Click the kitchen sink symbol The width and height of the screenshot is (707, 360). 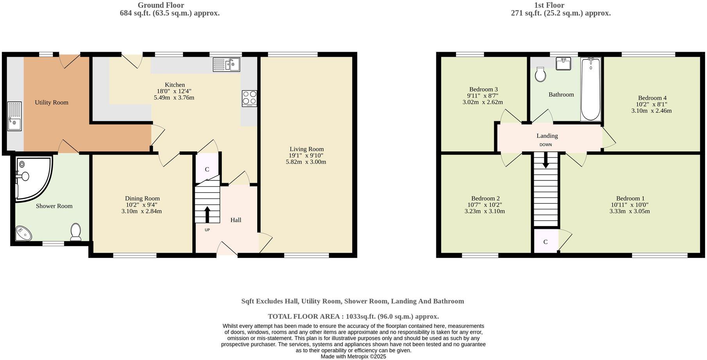pyautogui.click(x=226, y=65)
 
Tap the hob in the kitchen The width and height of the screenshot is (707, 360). pyautogui.click(x=249, y=98)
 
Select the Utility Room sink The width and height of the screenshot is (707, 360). pyautogui.click(x=14, y=117)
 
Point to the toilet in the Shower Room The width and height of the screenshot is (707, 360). pyautogui.click(x=75, y=232)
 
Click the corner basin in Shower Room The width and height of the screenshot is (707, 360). pyautogui.click(x=23, y=234)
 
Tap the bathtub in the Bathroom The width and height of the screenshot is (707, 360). pyautogui.click(x=590, y=89)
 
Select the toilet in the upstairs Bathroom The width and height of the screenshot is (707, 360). pyautogui.click(x=540, y=74)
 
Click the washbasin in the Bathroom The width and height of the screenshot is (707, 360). pyautogui.click(x=563, y=63)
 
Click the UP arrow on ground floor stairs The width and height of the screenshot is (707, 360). pyautogui.click(x=207, y=214)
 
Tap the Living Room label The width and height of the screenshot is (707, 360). pyautogui.click(x=307, y=149)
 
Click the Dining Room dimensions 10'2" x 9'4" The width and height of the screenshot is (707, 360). pyautogui.click(x=142, y=205)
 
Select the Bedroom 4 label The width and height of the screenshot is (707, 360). pyautogui.click(x=652, y=98)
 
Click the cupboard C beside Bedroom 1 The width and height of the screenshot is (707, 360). pyautogui.click(x=546, y=242)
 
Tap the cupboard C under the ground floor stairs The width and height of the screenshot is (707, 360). pyautogui.click(x=207, y=169)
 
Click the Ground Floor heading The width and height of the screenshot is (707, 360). pyautogui.click(x=161, y=5)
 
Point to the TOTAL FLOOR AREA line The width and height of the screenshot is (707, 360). pyautogui.click(x=353, y=316)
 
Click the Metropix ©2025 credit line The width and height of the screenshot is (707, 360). pyautogui.click(x=353, y=356)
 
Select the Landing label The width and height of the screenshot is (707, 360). pyautogui.click(x=547, y=136)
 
